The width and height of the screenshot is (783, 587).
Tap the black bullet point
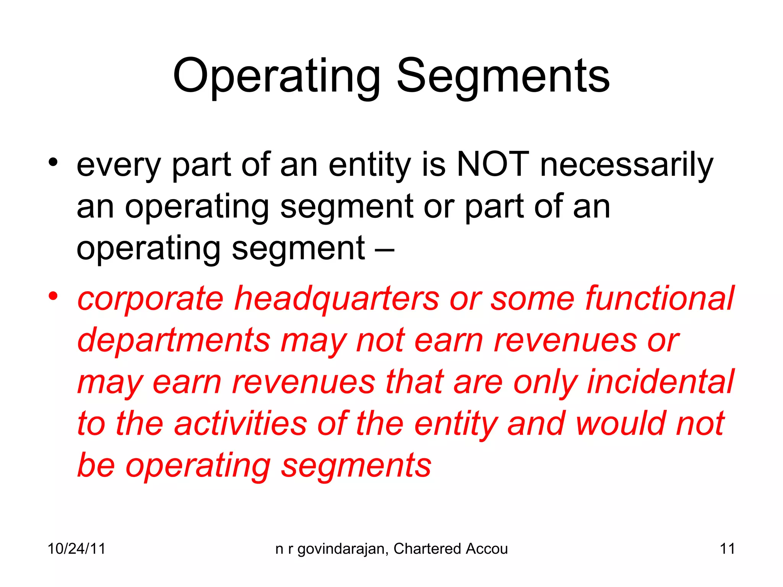[x=53, y=162]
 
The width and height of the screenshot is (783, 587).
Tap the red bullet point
[x=53, y=296]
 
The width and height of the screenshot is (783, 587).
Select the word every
[x=119, y=166]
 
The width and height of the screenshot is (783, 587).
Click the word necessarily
[x=627, y=166]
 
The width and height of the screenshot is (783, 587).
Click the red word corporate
[x=150, y=300]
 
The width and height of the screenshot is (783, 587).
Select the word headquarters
[x=337, y=299]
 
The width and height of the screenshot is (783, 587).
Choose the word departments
[x=174, y=341]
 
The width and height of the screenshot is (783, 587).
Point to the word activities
[x=241, y=424]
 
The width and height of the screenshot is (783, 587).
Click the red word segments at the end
[x=356, y=466]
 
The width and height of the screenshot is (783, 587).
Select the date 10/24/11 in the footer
[x=76, y=549]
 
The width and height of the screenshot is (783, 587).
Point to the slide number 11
[x=727, y=549]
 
